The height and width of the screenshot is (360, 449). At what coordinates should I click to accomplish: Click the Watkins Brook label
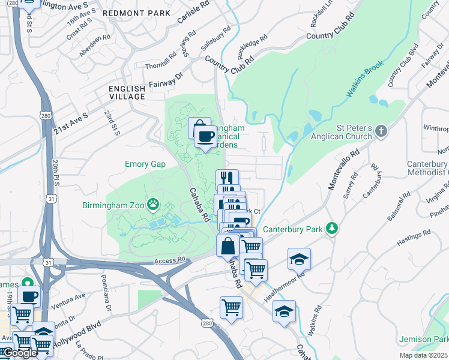(x=364, y=82)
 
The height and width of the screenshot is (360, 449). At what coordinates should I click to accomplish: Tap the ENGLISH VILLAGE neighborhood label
(x=127, y=92)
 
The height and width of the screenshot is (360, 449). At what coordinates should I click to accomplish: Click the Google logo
(x=19, y=353)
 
